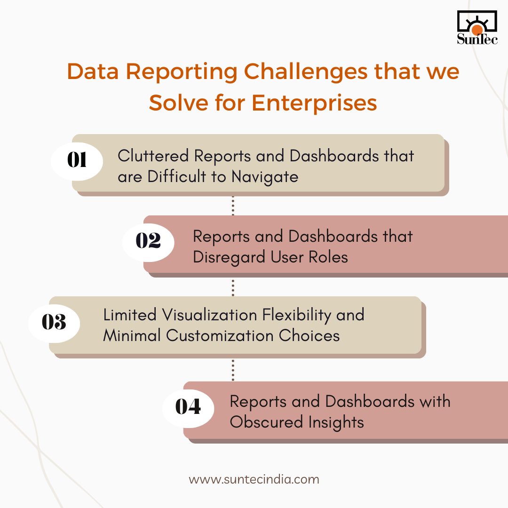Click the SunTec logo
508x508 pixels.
click(x=477, y=27)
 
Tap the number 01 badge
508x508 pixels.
click(x=77, y=161)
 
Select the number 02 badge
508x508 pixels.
click(x=148, y=241)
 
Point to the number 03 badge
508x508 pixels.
click(x=54, y=323)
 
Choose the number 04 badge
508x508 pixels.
click(x=188, y=407)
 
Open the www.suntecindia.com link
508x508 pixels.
click(x=254, y=480)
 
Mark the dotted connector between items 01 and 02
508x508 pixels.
click(x=233, y=206)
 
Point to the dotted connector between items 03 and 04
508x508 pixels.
click(x=233, y=369)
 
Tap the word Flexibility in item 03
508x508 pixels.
click(x=296, y=315)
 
